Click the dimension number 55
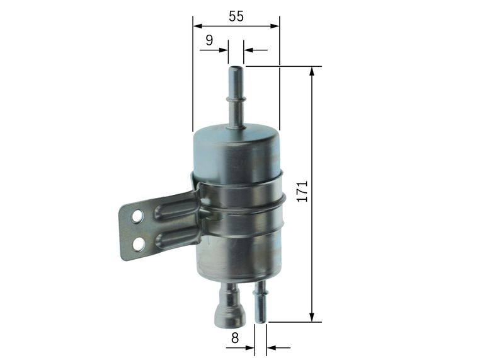(236, 16)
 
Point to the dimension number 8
(235, 338)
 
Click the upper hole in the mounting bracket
(137, 217)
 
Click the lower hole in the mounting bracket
(139, 244)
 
